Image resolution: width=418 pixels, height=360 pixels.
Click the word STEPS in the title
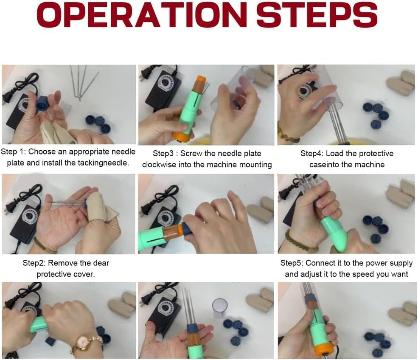317,15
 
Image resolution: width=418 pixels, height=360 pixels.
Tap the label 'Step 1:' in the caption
13,152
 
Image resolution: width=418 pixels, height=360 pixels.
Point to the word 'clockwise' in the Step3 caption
159,165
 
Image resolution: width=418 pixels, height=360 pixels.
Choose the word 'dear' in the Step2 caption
101,263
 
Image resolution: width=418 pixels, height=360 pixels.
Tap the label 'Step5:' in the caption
292,263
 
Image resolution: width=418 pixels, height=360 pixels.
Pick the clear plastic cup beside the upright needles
220,309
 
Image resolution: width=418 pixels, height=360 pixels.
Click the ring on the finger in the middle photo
203,221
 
